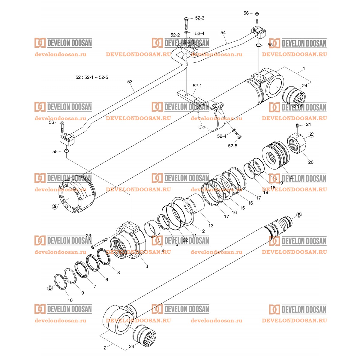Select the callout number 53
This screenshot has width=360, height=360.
(x=130, y=81)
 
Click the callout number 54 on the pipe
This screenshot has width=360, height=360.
(x=223, y=32)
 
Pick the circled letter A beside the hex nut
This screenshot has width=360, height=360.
(x=311, y=135)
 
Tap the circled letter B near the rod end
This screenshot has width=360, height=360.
(x=299, y=215)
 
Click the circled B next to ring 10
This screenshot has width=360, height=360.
(x=50, y=288)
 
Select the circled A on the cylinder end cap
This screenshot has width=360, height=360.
(x=55, y=207)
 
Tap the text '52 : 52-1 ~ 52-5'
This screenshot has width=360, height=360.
(x=92, y=77)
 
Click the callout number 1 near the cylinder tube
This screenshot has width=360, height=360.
(x=304, y=69)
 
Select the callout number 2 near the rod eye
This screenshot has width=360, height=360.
(x=105, y=348)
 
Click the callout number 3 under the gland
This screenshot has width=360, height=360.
(x=147, y=266)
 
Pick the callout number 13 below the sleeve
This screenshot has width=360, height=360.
(x=211, y=226)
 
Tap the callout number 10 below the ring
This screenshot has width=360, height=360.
(x=70, y=300)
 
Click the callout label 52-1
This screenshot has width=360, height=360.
(x=197, y=86)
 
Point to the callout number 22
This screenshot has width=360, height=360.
(x=185, y=240)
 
